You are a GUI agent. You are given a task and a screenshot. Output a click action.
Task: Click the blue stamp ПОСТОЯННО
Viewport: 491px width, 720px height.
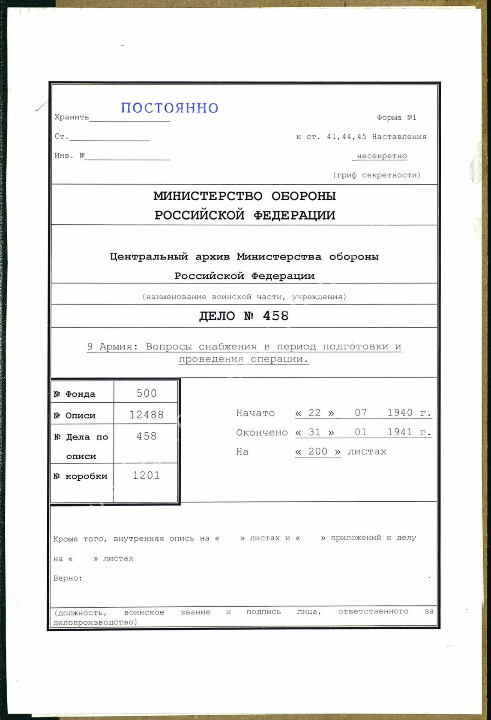pyautogui.click(x=170, y=108)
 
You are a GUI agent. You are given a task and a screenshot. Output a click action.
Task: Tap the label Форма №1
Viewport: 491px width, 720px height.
pyautogui.click(x=396, y=117)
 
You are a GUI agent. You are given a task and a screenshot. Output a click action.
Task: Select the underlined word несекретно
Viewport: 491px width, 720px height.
pyautogui.click(x=381, y=156)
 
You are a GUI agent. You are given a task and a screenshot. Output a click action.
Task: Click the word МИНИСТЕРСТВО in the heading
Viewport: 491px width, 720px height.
pyautogui.click(x=208, y=196)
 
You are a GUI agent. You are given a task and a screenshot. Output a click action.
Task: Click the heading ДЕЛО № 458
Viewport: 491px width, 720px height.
pyautogui.click(x=244, y=316)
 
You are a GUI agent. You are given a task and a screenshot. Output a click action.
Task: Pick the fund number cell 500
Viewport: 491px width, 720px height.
pyautogui.click(x=147, y=393)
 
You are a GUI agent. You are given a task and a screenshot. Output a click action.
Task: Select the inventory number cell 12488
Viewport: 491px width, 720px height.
pyautogui.click(x=147, y=415)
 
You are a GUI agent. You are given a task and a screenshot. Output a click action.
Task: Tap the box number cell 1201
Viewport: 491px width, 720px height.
pyautogui.click(x=146, y=475)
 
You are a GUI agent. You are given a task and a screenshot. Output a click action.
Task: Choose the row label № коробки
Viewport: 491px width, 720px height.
pyautogui.click(x=81, y=476)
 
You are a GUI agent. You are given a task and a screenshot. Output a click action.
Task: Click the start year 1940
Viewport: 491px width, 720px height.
pyautogui.click(x=400, y=413)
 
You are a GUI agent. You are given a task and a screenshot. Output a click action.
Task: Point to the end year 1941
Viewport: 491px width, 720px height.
pyautogui.click(x=400, y=432)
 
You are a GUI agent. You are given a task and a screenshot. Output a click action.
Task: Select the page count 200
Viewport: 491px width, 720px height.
pyautogui.click(x=318, y=451)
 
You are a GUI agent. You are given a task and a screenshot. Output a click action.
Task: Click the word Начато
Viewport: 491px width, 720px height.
pyautogui.click(x=255, y=413)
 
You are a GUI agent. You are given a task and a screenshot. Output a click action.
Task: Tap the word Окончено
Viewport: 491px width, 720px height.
pyautogui.click(x=262, y=432)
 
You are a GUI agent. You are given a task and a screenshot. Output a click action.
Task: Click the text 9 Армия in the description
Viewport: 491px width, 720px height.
pyautogui.click(x=112, y=346)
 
